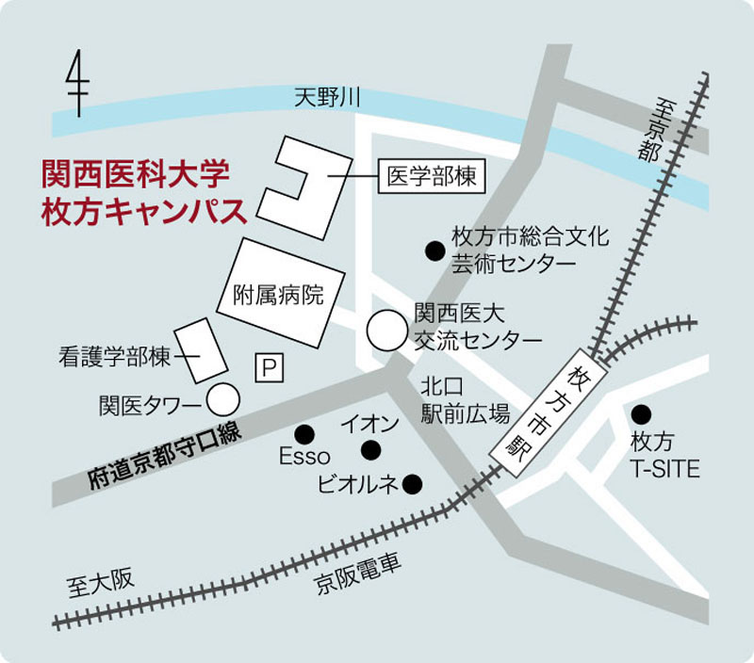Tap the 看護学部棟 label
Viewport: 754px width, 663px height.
coord(113,356)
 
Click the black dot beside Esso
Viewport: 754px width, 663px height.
coord(303,433)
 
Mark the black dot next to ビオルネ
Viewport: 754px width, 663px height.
coord(412,484)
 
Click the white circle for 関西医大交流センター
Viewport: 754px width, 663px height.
coord(385,329)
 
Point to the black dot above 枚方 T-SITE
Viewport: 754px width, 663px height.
coord(642,413)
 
